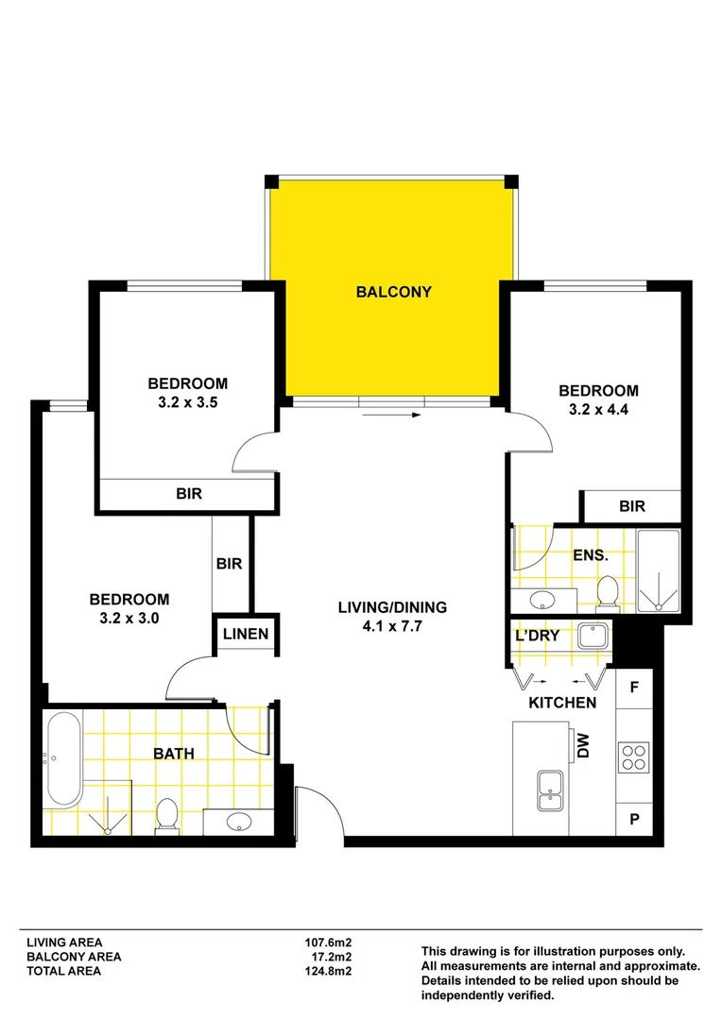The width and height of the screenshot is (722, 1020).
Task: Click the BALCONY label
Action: click(x=394, y=292)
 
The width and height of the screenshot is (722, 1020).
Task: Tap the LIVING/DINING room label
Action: click(x=392, y=607)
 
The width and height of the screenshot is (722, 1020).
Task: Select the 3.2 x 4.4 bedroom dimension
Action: click(x=598, y=410)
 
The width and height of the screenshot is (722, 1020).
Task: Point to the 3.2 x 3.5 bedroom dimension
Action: click(x=187, y=402)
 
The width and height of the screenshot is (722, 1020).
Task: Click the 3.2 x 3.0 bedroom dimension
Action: click(x=129, y=619)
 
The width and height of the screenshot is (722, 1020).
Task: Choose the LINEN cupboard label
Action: click(x=246, y=635)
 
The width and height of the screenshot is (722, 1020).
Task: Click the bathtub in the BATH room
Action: click(x=63, y=759)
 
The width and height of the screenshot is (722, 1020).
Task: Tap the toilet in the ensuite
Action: click(x=608, y=592)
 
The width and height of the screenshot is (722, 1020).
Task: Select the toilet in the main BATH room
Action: click(x=166, y=816)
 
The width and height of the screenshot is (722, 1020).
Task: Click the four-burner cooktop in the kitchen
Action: click(x=633, y=757)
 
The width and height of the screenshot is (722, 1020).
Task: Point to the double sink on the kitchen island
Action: click(x=550, y=790)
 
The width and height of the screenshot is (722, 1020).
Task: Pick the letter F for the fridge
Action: click(x=634, y=688)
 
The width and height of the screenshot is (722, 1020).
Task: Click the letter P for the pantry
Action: click(x=635, y=820)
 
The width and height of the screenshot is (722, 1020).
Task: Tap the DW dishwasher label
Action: click(x=583, y=746)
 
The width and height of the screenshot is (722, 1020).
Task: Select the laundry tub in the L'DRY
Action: click(x=593, y=637)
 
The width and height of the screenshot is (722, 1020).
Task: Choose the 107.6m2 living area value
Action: click(x=328, y=942)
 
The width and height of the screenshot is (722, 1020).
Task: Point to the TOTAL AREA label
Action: click(x=64, y=971)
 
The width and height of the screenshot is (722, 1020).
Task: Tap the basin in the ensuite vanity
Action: click(x=541, y=600)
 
